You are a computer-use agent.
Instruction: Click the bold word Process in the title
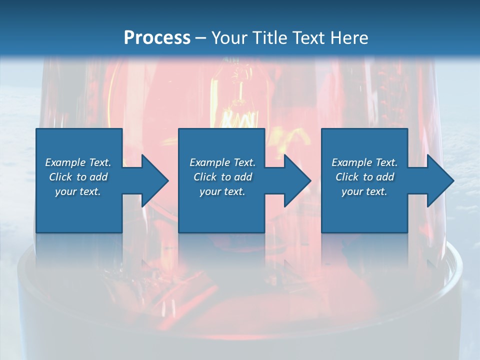(157, 38)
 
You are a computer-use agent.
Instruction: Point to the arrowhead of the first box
(153, 180)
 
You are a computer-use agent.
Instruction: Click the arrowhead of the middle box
(296, 180)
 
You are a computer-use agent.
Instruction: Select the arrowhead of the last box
(439, 180)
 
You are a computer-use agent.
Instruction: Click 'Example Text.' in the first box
(78, 162)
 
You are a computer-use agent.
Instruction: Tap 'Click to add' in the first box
(78, 177)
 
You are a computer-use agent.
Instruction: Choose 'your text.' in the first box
(78, 191)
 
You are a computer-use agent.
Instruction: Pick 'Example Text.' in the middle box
(222, 162)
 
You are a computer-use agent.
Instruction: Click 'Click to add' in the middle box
(222, 177)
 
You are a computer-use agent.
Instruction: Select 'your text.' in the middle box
(222, 191)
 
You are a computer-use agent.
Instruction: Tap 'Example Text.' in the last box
(364, 162)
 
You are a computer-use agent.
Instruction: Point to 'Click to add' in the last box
(364, 177)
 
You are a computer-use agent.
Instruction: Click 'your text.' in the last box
(364, 191)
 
